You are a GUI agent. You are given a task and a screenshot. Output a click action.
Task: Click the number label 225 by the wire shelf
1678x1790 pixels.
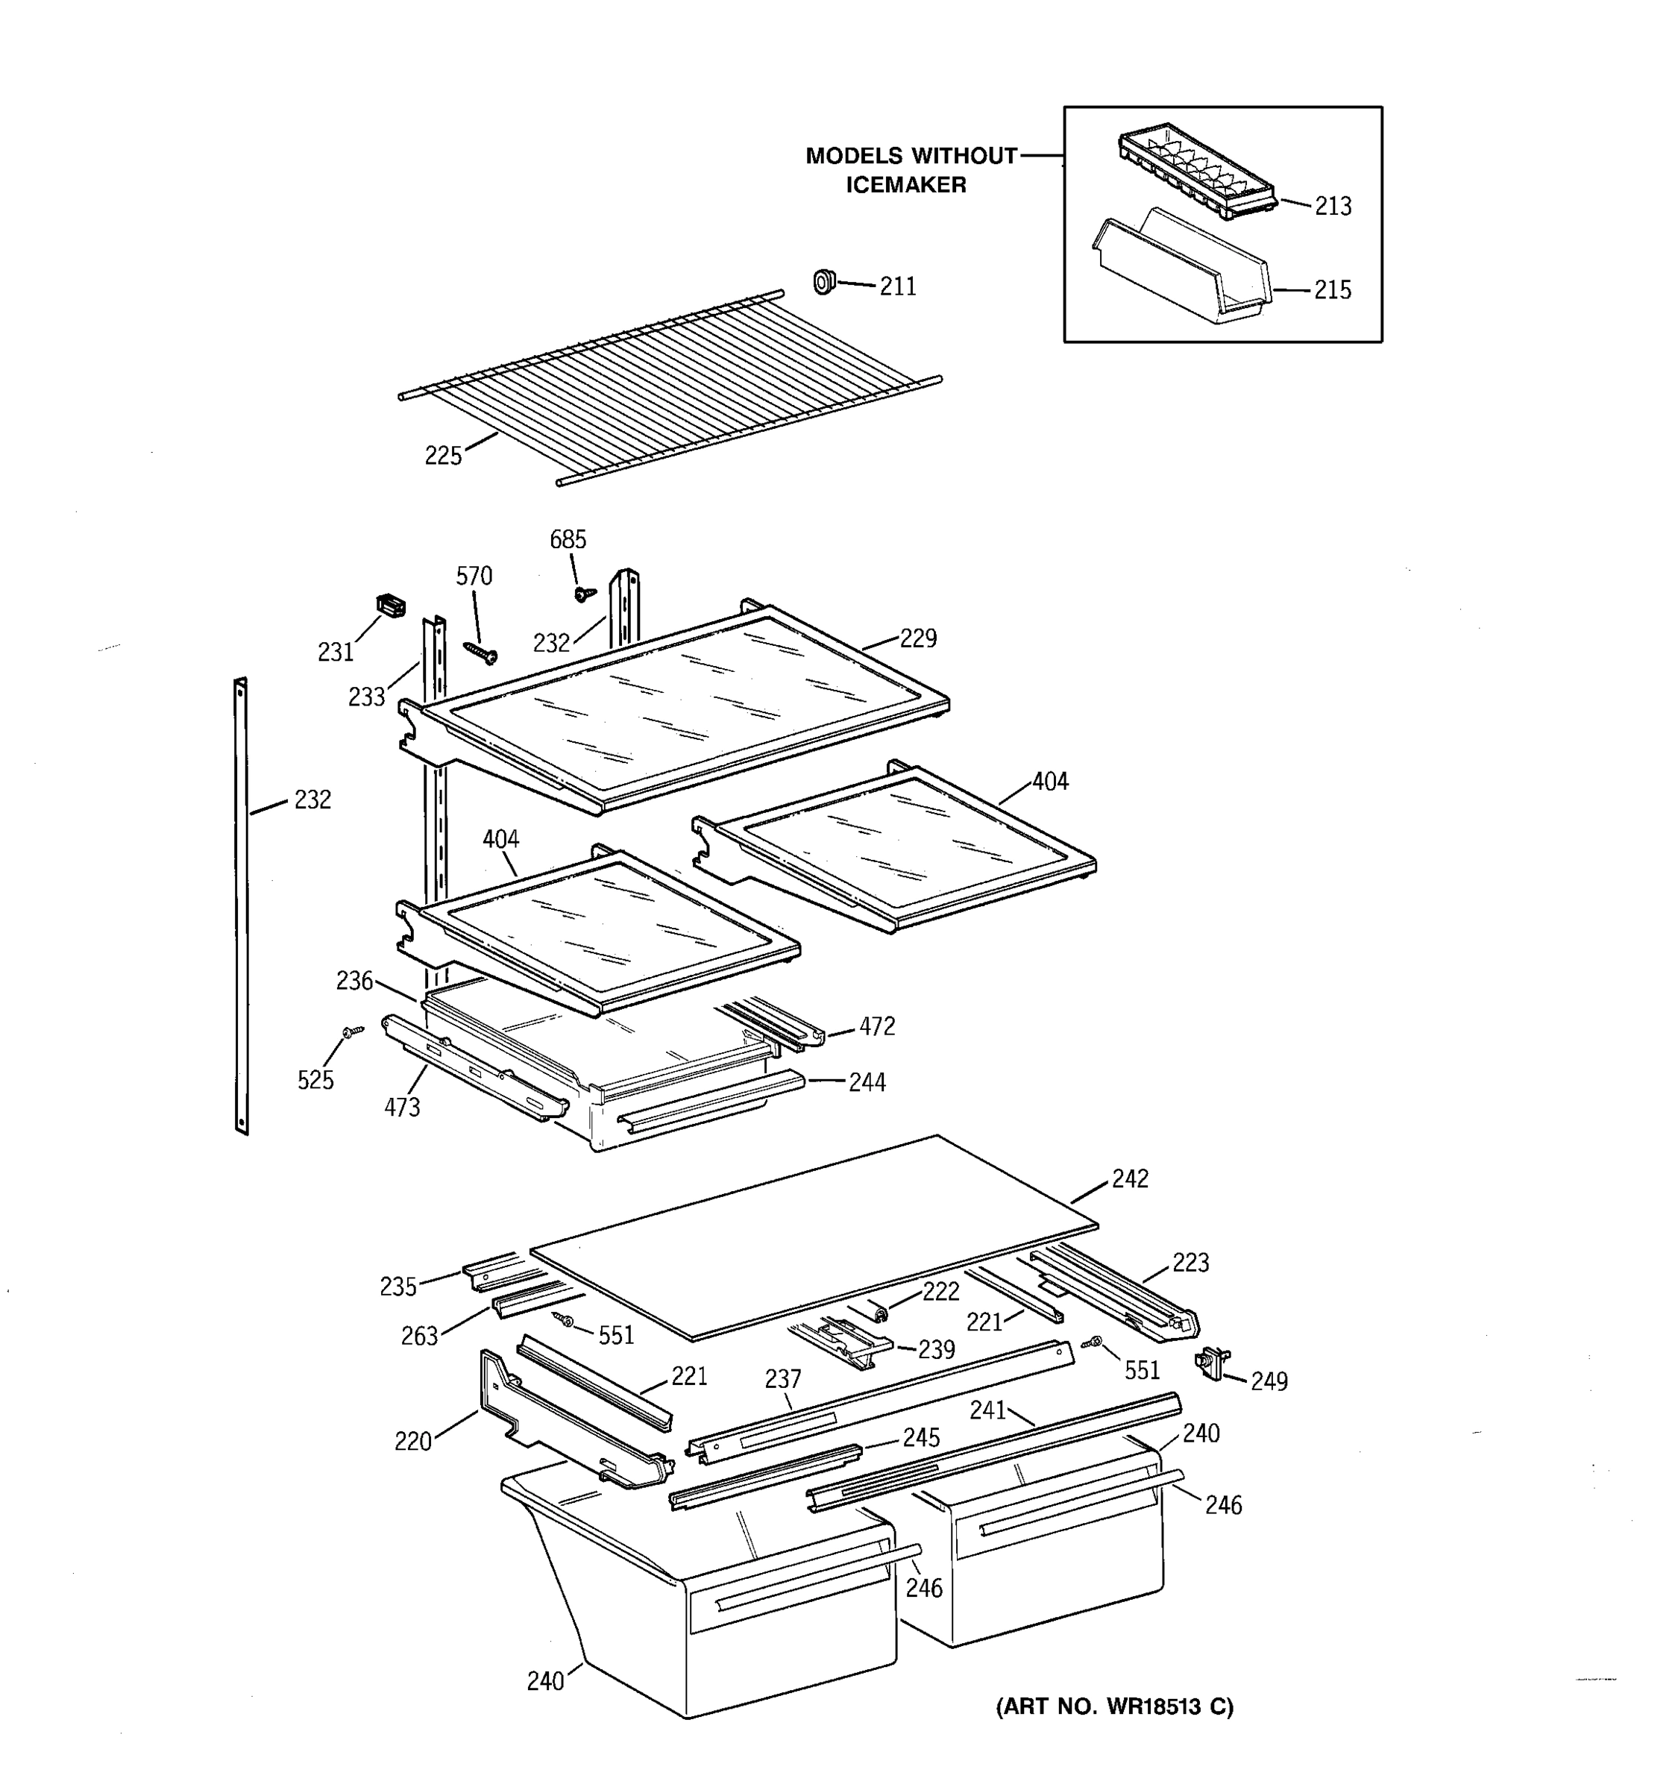point(443,456)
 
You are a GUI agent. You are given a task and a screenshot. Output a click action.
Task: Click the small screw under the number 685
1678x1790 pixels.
point(584,594)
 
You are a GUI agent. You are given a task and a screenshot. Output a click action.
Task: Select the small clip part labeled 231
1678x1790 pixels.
point(390,606)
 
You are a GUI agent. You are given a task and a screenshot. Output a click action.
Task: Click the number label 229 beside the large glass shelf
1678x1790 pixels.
point(918,638)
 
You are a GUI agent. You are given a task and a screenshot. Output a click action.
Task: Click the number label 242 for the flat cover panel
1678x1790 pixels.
point(1130,1178)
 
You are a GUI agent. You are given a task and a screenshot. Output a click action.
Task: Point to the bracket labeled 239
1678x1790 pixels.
point(842,1342)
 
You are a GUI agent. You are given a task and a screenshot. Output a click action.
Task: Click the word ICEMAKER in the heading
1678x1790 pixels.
point(905,184)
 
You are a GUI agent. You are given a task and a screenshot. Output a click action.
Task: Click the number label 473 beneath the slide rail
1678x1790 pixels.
point(401,1108)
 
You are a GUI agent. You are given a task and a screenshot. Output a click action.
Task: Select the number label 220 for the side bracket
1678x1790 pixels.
point(413,1442)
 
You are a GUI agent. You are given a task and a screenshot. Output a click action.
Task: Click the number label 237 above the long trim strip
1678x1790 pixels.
point(782,1378)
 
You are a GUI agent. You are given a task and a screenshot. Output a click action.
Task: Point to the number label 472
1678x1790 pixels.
point(877,1026)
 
